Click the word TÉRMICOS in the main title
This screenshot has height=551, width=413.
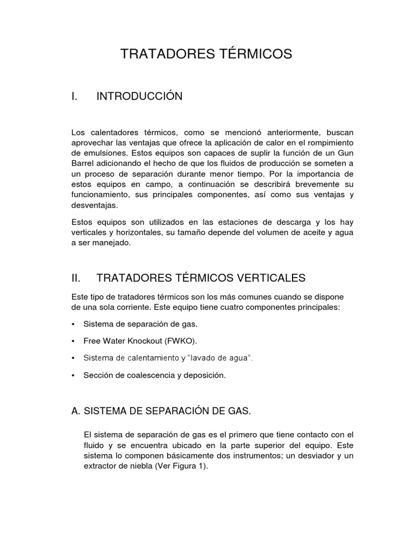(x=255, y=54)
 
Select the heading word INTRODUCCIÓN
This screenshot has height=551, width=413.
(x=139, y=96)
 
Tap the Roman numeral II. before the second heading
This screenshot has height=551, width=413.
(x=76, y=278)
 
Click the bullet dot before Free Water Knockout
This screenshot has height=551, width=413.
(x=73, y=341)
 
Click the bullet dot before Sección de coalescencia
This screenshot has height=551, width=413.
(x=73, y=376)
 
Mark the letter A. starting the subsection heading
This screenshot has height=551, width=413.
(x=75, y=411)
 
